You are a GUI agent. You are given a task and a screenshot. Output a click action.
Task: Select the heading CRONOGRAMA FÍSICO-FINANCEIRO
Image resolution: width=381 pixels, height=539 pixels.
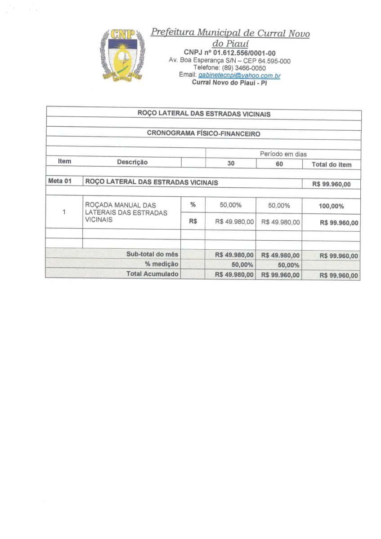click(x=203, y=133)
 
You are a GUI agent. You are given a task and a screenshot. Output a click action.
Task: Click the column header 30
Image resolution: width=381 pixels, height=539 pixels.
click(x=230, y=164)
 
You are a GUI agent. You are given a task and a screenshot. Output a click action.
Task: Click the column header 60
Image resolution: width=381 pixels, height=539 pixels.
click(x=279, y=164)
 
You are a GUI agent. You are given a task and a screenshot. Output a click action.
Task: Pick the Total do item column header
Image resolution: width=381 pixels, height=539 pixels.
click(x=332, y=164)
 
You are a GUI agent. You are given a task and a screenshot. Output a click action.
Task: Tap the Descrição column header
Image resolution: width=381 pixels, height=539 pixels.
click(x=132, y=162)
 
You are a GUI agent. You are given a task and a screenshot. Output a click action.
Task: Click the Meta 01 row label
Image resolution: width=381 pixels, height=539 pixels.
click(x=59, y=182)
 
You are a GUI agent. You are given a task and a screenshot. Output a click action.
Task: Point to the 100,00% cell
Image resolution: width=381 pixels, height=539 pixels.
click(x=331, y=206)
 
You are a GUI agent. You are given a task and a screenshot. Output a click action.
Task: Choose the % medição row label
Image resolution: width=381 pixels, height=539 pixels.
click(x=161, y=264)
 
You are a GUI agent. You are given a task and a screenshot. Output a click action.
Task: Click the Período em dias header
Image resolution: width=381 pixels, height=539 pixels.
click(x=283, y=154)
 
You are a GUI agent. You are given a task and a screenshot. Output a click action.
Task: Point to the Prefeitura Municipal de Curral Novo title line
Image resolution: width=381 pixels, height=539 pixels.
click(x=230, y=33)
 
